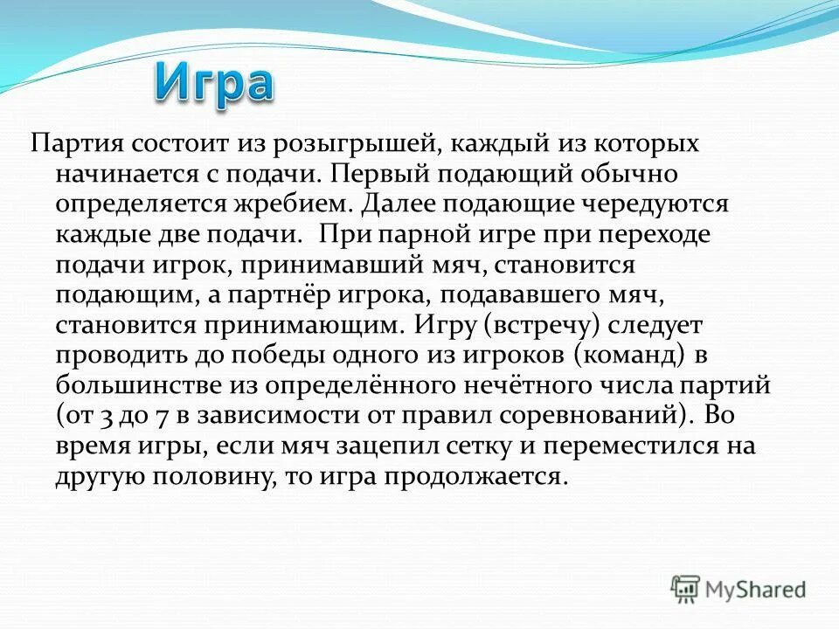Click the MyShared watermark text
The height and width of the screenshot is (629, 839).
click(x=756, y=590)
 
